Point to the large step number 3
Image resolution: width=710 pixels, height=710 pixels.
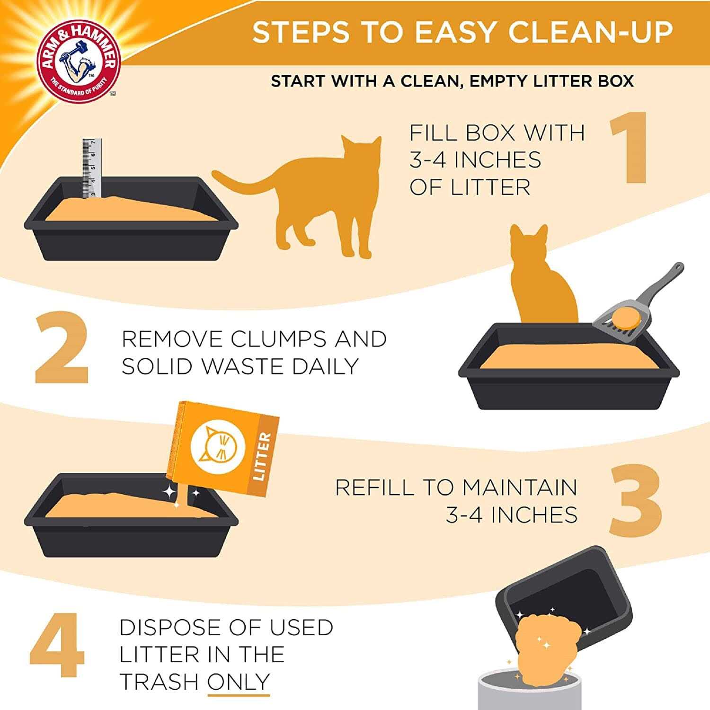click(x=634, y=501)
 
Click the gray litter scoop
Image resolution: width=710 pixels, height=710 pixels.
click(x=639, y=308)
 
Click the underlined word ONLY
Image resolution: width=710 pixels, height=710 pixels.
click(x=239, y=682)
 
